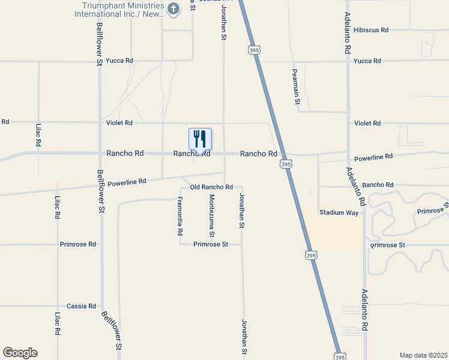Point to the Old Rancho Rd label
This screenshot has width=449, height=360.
(x=211, y=187)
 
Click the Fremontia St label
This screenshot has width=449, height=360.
(x=179, y=215)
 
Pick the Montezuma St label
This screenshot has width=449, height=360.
(x=211, y=215)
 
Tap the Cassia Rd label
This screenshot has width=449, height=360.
(x=82, y=306)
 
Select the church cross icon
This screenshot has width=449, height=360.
(x=173, y=8)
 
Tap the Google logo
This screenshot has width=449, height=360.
(x=20, y=353)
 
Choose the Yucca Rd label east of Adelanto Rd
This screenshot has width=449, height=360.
(x=367, y=61)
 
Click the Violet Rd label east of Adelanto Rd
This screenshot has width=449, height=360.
(x=367, y=123)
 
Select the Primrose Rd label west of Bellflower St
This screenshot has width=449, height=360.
(x=78, y=245)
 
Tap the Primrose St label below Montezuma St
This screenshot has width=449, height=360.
(x=211, y=245)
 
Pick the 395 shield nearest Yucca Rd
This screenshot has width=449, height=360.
(x=253, y=51)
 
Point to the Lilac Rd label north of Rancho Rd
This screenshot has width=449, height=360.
(x=38, y=136)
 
